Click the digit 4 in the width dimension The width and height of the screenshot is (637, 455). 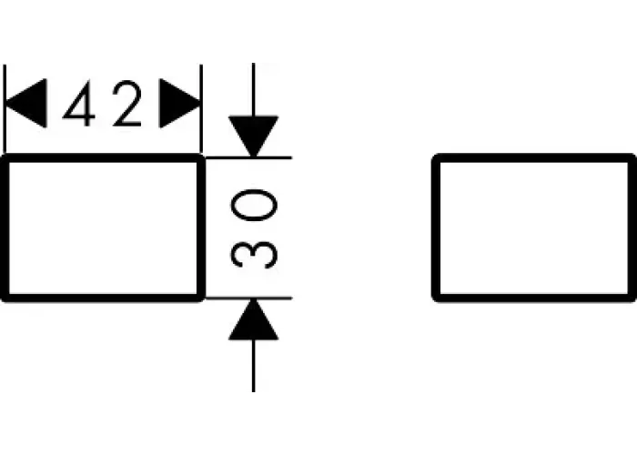[x=80, y=104]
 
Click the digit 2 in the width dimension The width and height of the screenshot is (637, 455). [x=127, y=103]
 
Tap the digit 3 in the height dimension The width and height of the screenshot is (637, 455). [x=254, y=254]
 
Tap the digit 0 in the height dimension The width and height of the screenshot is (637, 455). [x=254, y=205]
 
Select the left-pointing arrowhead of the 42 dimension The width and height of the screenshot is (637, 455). [x=25, y=103]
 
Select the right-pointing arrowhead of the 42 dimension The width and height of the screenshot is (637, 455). [x=180, y=103]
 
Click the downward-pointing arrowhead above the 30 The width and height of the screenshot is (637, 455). [x=254, y=136]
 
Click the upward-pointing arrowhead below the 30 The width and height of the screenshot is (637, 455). [x=254, y=319]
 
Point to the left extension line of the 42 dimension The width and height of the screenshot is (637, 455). [x=5, y=109]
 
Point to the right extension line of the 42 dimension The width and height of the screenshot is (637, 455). [x=201, y=109]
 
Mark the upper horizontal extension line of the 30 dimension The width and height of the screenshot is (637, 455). [x=248, y=157]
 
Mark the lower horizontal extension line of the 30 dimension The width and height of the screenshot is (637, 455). [x=248, y=298]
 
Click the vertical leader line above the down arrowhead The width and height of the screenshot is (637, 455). [x=254, y=89]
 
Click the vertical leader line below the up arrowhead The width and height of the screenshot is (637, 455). [x=254, y=366]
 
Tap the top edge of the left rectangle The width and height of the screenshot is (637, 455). [x=102, y=158]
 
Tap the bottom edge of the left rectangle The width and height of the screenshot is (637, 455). [x=102, y=298]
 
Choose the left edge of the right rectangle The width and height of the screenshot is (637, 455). [x=436, y=227]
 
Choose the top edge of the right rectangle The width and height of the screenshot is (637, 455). [x=534, y=158]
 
